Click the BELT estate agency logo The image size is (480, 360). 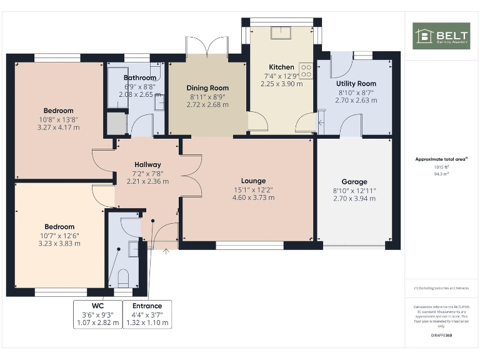(x=441, y=36)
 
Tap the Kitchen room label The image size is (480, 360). (x=281, y=67)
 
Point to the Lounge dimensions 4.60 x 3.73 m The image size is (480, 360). (x=253, y=197)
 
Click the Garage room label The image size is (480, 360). (x=354, y=182)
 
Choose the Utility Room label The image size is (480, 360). (x=356, y=84)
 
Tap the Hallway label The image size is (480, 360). (x=147, y=165)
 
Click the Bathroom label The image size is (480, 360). (x=139, y=78)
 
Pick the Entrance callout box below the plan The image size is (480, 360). (x=147, y=314)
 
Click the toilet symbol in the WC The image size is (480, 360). (x=122, y=277)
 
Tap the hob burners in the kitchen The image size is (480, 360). (x=306, y=71)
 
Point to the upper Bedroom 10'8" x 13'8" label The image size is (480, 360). (x=59, y=111)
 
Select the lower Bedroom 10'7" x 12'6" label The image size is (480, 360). (x=59, y=227)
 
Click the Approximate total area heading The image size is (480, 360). (x=441, y=159)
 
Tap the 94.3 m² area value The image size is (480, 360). (x=441, y=174)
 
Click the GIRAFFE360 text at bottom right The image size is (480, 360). (x=441, y=336)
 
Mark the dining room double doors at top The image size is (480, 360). (x=208, y=47)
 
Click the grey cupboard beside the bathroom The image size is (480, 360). (x=116, y=124)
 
